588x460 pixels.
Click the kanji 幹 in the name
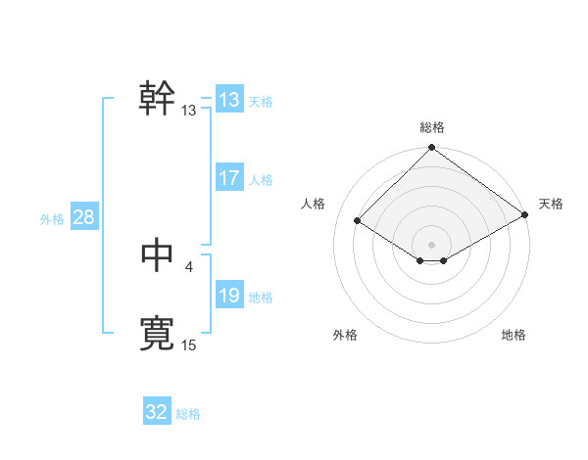click(157, 98)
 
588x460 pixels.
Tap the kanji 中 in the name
click(157, 254)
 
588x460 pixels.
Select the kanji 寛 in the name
click(157, 334)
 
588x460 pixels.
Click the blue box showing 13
click(228, 100)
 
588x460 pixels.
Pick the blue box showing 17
click(228, 178)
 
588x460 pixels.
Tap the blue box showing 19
click(228, 296)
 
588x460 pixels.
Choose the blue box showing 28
click(83, 217)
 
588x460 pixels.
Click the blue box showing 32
click(157, 412)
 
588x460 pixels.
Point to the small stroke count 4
click(188, 265)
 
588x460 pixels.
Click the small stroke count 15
click(188, 345)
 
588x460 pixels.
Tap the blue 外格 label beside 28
click(52, 219)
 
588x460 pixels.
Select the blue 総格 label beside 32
click(188, 414)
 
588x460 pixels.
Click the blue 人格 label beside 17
click(261, 180)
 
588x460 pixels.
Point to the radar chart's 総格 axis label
click(432, 127)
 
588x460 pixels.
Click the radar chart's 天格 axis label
click(551, 204)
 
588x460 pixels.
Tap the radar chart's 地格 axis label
click(514, 335)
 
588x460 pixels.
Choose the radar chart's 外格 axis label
click(345, 335)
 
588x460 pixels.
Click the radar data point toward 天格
click(525, 216)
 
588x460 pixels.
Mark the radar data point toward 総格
click(432, 148)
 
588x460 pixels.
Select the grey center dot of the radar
click(432, 244)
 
